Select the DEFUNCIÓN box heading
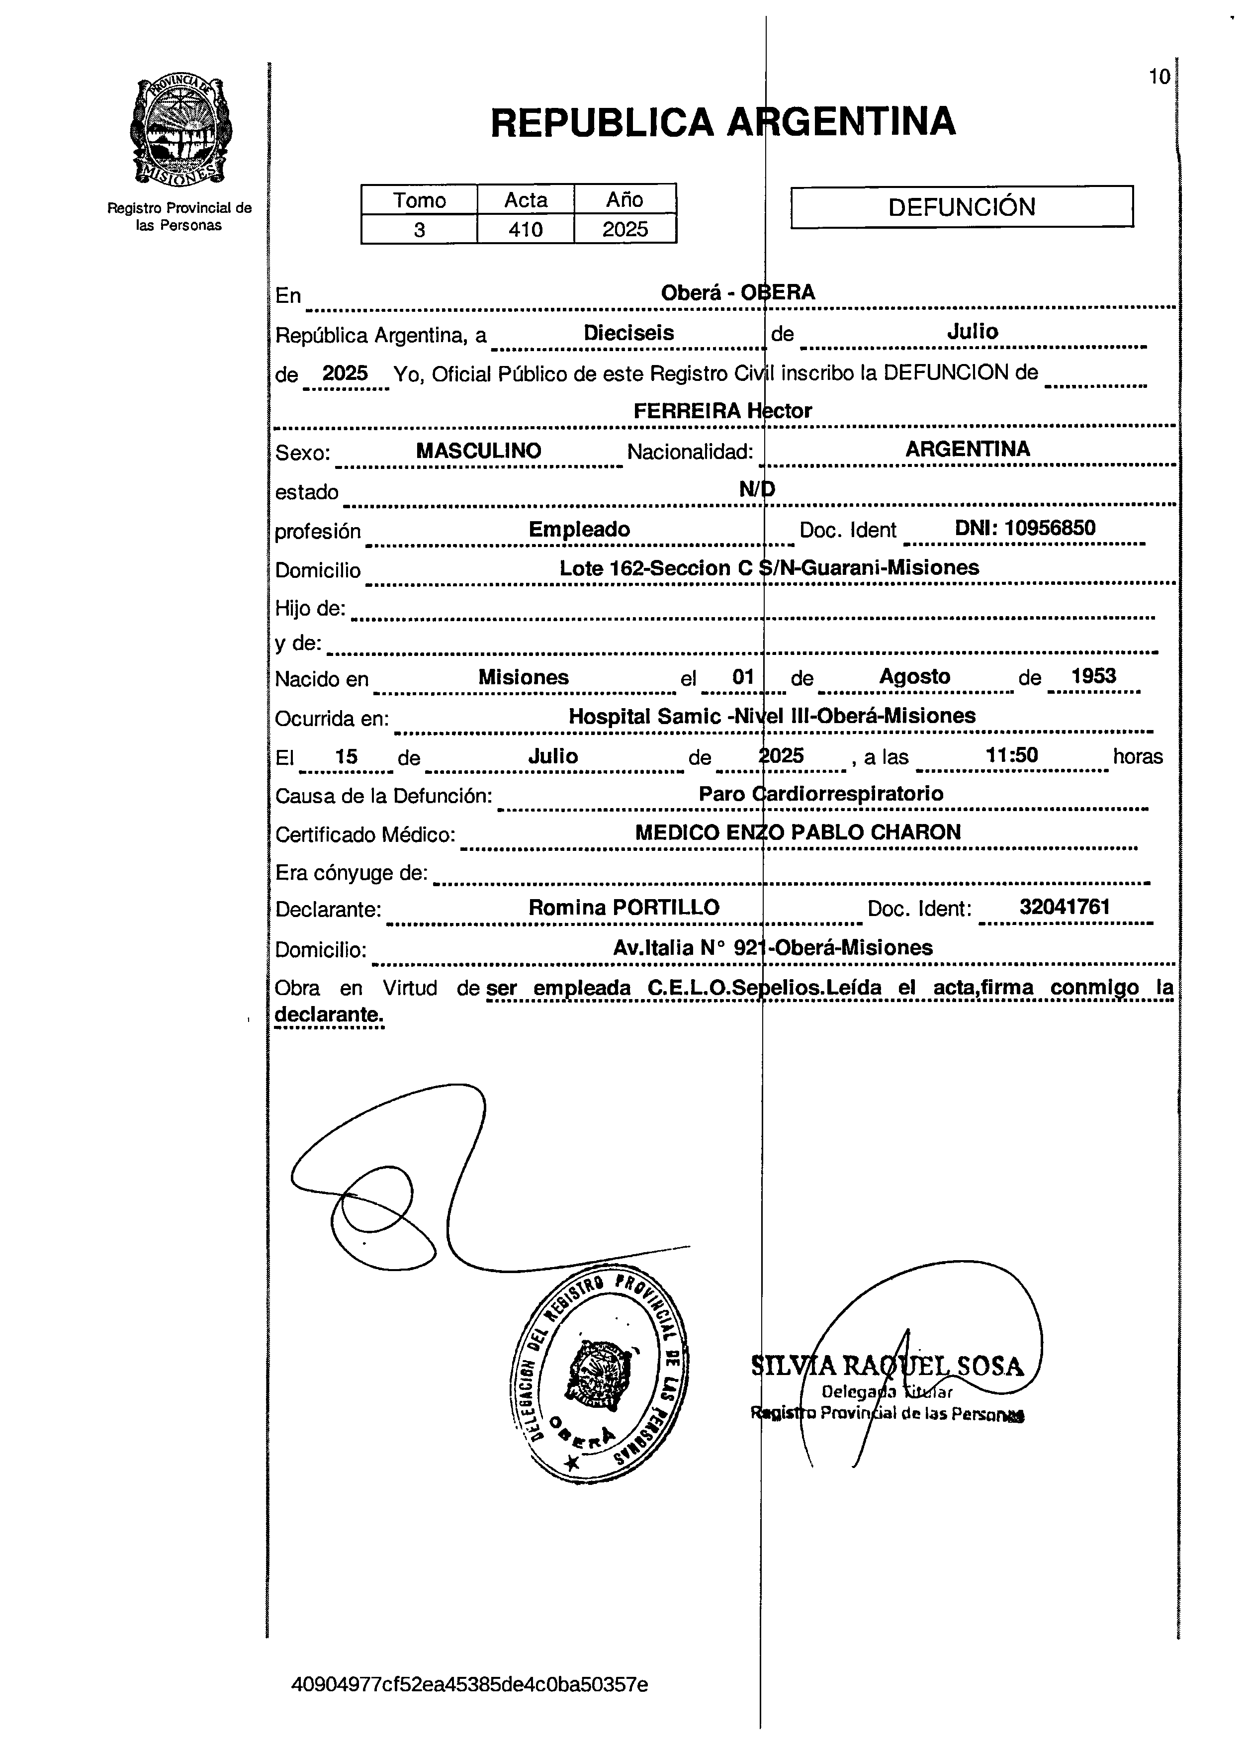(x=962, y=207)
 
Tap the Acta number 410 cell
(x=526, y=229)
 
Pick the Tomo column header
(x=419, y=200)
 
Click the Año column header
(x=624, y=199)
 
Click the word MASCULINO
(x=479, y=451)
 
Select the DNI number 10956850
(x=1025, y=528)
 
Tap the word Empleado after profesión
(x=579, y=530)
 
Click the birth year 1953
(x=1093, y=676)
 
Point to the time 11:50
(x=1012, y=756)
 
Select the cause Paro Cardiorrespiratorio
(x=821, y=794)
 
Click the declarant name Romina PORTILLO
(x=624, y=908)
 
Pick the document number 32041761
(x=1064, y=907)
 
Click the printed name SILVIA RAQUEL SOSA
(x=887, y=1367)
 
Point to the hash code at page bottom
(x=469, y=1685)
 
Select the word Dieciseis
(x=628, y=333)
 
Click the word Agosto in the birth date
(x=914, y=677)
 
